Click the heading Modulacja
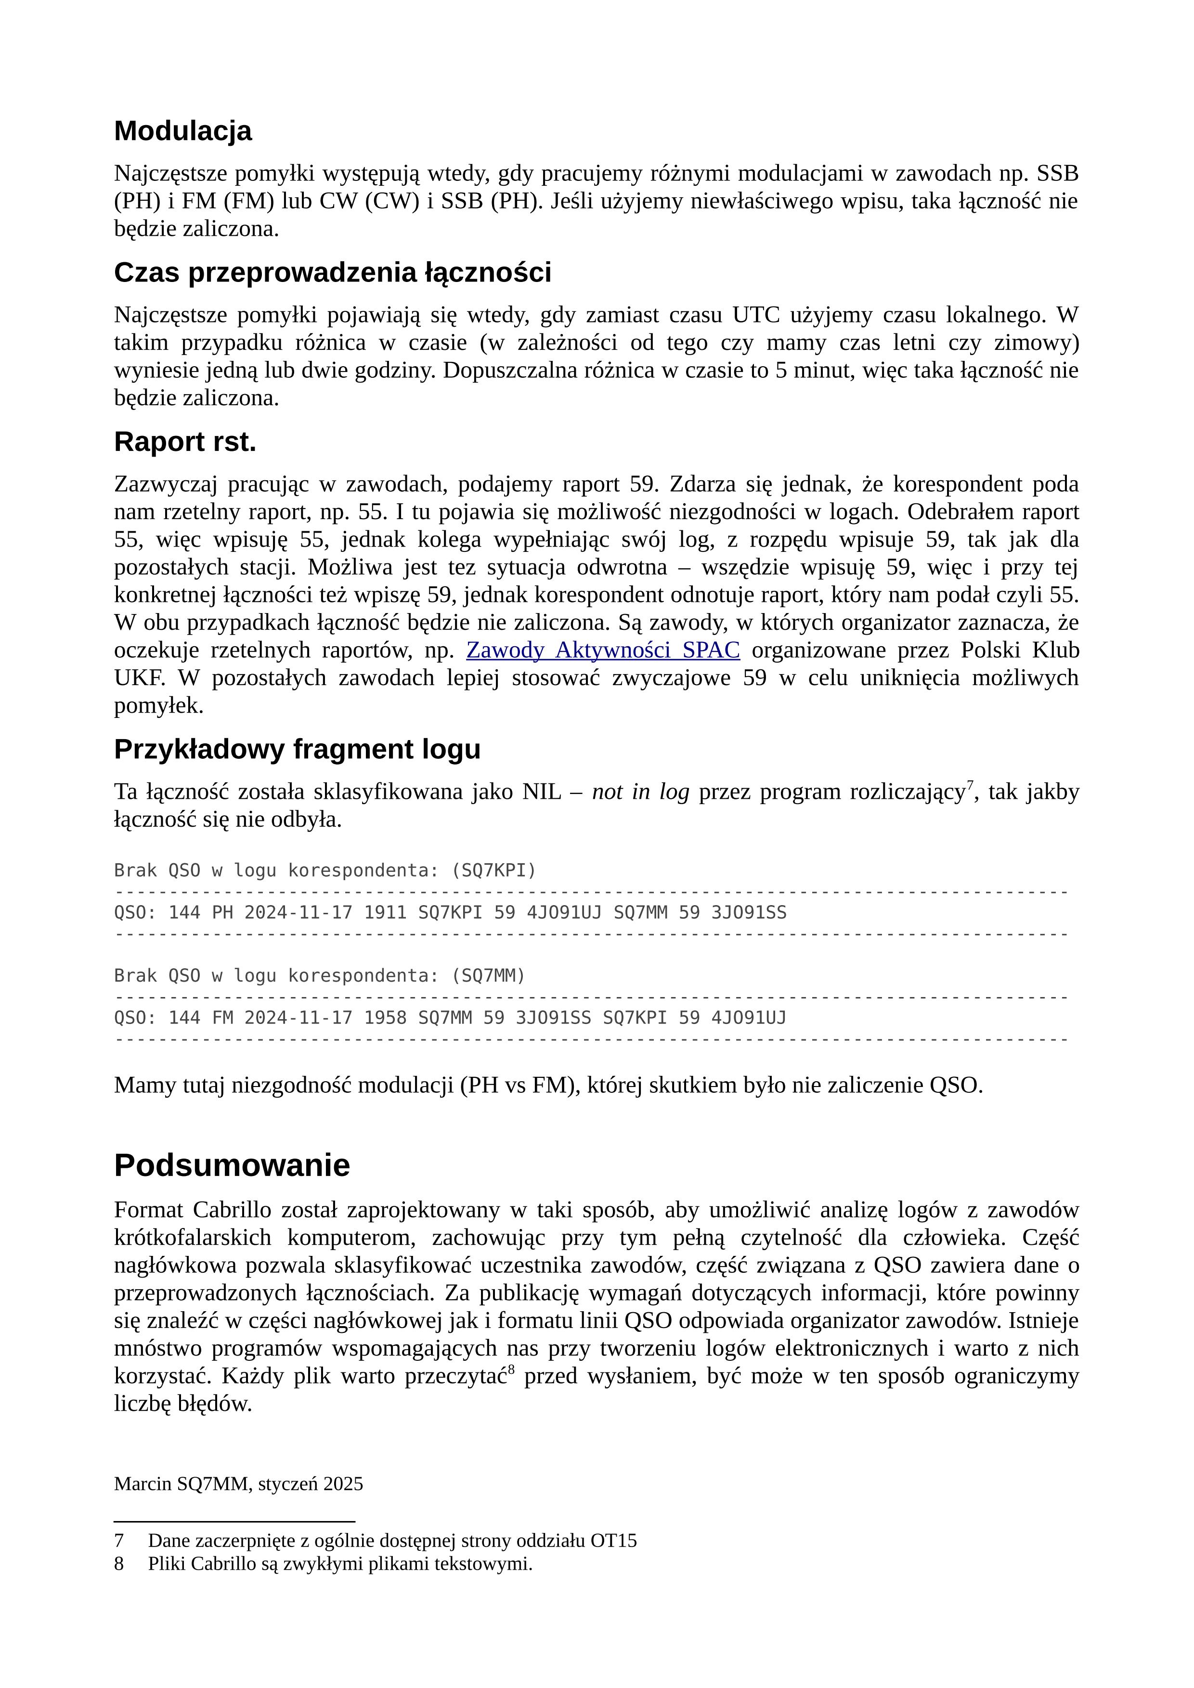(182, 131)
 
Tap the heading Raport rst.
(185, 442)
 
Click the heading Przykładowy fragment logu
(297, 749)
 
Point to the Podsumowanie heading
(232, 1166)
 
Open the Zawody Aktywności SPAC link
(602, 651)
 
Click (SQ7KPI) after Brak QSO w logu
(493, 870)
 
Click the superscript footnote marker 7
(970, 785)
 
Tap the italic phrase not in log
(640, 792)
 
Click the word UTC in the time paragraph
(755, 315)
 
